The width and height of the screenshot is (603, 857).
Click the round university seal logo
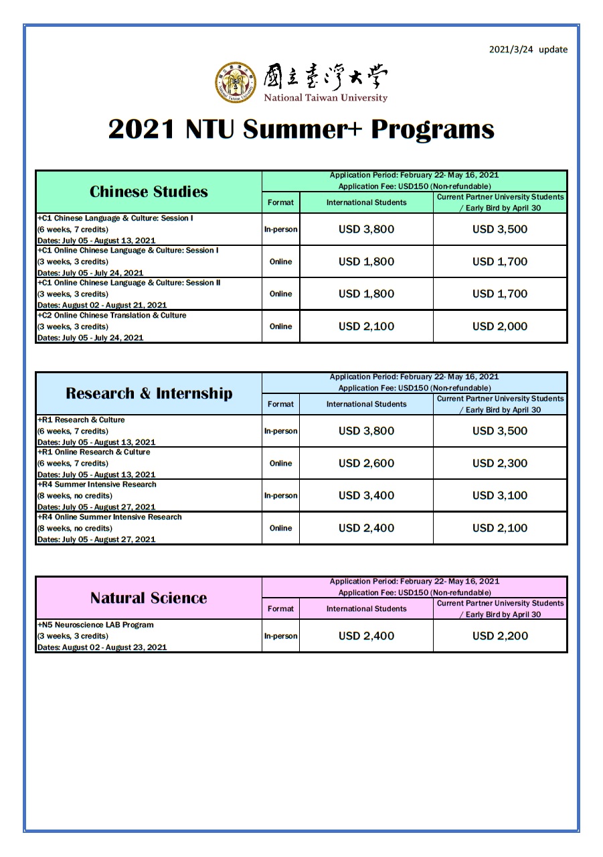(235, 82)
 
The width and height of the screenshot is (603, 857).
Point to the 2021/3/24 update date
(528, 50)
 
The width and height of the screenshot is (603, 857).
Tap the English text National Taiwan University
(325, 98)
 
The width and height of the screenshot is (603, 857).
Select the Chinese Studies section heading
(149, 192)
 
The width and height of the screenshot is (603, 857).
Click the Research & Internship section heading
(149, 393)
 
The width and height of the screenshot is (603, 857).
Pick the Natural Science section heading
(149, 598)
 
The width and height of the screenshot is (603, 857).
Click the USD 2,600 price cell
(366, 463)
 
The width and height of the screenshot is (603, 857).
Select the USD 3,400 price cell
(366, 496)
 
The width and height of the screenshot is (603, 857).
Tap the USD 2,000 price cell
(500, 326)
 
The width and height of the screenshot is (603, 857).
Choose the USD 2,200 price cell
(500, 636)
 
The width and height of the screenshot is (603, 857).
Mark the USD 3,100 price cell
(500, 496)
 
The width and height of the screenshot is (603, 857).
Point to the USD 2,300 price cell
(500, 463)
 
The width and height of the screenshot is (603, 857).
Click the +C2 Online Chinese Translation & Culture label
(112, 315)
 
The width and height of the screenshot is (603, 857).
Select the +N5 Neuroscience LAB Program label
(96, 624)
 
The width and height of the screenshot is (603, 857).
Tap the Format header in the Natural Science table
(280, 608)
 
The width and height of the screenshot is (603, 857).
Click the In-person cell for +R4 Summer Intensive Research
(280, 496)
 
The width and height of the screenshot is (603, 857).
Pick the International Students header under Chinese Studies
(366, 202)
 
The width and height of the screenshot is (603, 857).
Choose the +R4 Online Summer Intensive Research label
(110, 517)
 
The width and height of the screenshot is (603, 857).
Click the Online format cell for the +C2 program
(280, 326)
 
